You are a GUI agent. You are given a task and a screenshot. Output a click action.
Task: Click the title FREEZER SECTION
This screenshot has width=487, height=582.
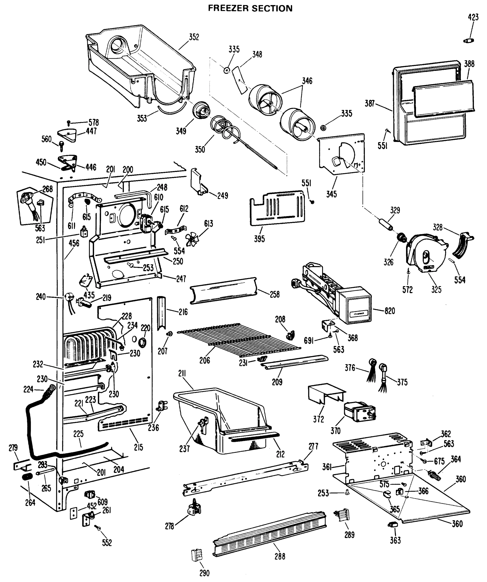click(x=250, y=8)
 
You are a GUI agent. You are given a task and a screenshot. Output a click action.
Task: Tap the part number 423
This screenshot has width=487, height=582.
click(x=473, y=17)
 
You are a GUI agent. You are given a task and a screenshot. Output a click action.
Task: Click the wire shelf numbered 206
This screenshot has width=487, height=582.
click(x=239, y=340)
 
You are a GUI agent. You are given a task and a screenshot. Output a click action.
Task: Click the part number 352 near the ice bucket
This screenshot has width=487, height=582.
click(x=194, y=37)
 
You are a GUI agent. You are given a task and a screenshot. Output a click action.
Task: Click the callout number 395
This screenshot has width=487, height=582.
click(x=259, y=239)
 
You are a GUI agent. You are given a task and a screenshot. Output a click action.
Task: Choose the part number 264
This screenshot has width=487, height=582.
click(x=30, y=502)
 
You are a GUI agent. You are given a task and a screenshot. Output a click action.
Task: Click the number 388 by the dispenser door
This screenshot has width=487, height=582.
click(x=469, y=64)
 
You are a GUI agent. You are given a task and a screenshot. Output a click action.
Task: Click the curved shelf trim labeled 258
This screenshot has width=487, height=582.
click(x=223, y=291)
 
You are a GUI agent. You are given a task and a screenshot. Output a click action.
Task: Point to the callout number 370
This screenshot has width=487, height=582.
click(x=335, y=431)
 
